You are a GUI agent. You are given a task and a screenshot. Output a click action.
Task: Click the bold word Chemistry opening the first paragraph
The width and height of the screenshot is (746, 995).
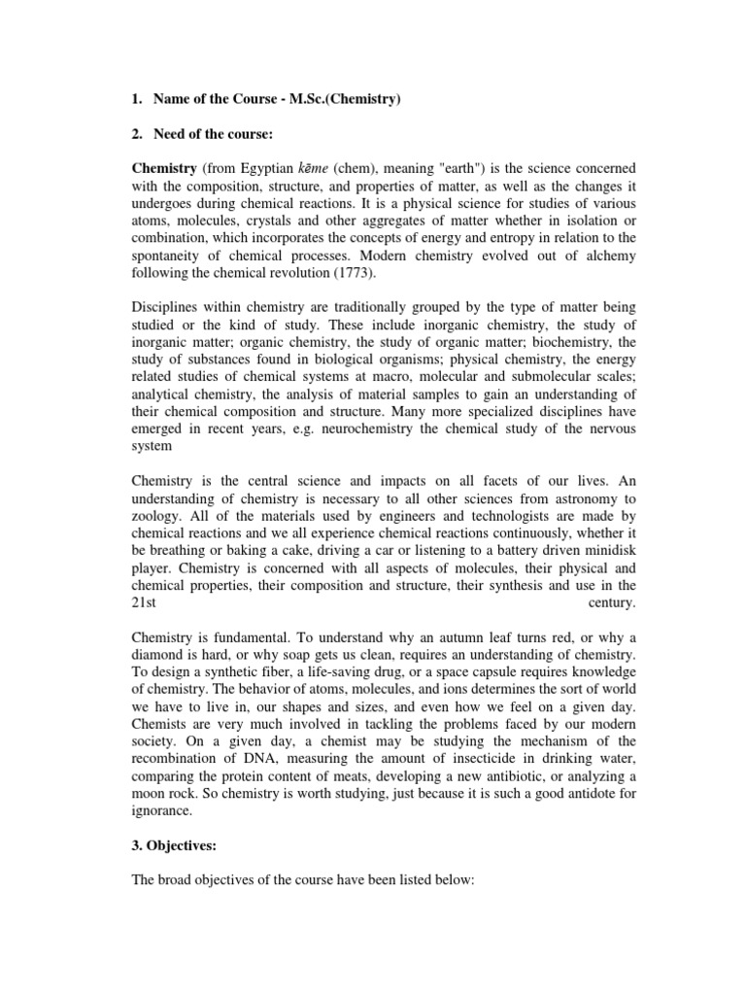point(164,167)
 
